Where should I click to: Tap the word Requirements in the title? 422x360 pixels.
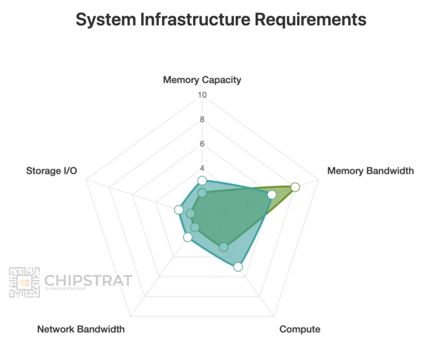[x=310, y=20]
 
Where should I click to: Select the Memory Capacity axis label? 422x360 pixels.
[x=202, y=80]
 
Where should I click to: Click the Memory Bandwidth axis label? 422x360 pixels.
[x=370, y=171]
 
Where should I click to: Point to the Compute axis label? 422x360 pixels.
[x=300, y=329]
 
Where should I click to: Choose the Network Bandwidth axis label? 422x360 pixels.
[x=81, y=329]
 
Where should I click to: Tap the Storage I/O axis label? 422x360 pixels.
[x=52, y=171]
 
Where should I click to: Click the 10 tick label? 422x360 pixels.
[x=202, y=95]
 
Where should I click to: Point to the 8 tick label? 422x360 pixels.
[x=202, y=119]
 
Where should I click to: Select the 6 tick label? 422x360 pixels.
[x=202, y=144]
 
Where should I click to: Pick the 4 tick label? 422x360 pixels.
[x=202, y=168]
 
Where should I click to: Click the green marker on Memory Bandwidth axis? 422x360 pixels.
[x=295, y=187]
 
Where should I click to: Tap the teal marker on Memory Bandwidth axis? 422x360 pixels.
[x=272, y=195]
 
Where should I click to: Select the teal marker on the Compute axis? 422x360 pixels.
[x=238, y=267]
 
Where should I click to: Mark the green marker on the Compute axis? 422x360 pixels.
[x=223, y=247]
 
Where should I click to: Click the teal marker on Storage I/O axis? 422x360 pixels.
[x=178, y=210]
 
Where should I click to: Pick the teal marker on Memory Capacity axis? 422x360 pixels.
[x=202, y=181]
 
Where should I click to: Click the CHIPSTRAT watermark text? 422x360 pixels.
[x=88, y=281]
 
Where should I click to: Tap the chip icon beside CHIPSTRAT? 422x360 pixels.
[x=24, y=282]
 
